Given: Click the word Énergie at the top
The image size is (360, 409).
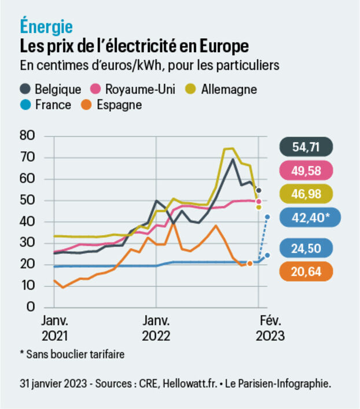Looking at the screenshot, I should point(46,26).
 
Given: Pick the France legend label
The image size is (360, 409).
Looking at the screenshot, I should point(53,105).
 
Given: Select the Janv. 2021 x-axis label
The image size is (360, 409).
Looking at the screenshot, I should point(56,328).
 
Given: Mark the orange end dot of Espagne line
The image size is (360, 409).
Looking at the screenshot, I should point(249,263).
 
